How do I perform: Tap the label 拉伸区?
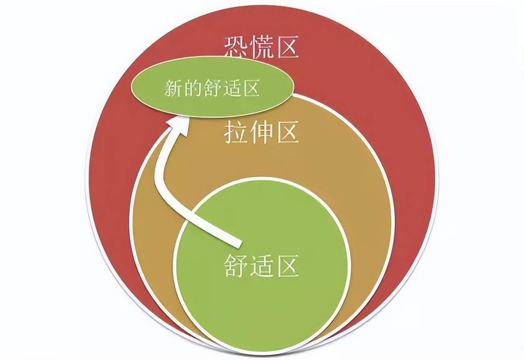click(261, 132)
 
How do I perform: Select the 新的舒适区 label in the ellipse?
click(212, 88)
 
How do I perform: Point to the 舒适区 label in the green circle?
click(261, 266)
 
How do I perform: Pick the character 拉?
click(236, 132)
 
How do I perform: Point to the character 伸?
click(262, 132)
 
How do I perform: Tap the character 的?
click(193, 88)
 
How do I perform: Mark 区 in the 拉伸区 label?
click(288, 132)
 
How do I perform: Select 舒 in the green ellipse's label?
click(212, 88)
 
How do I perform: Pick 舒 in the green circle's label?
click(236, 266)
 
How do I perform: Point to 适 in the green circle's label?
click(262, 266)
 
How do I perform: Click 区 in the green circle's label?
click(288, 266)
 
